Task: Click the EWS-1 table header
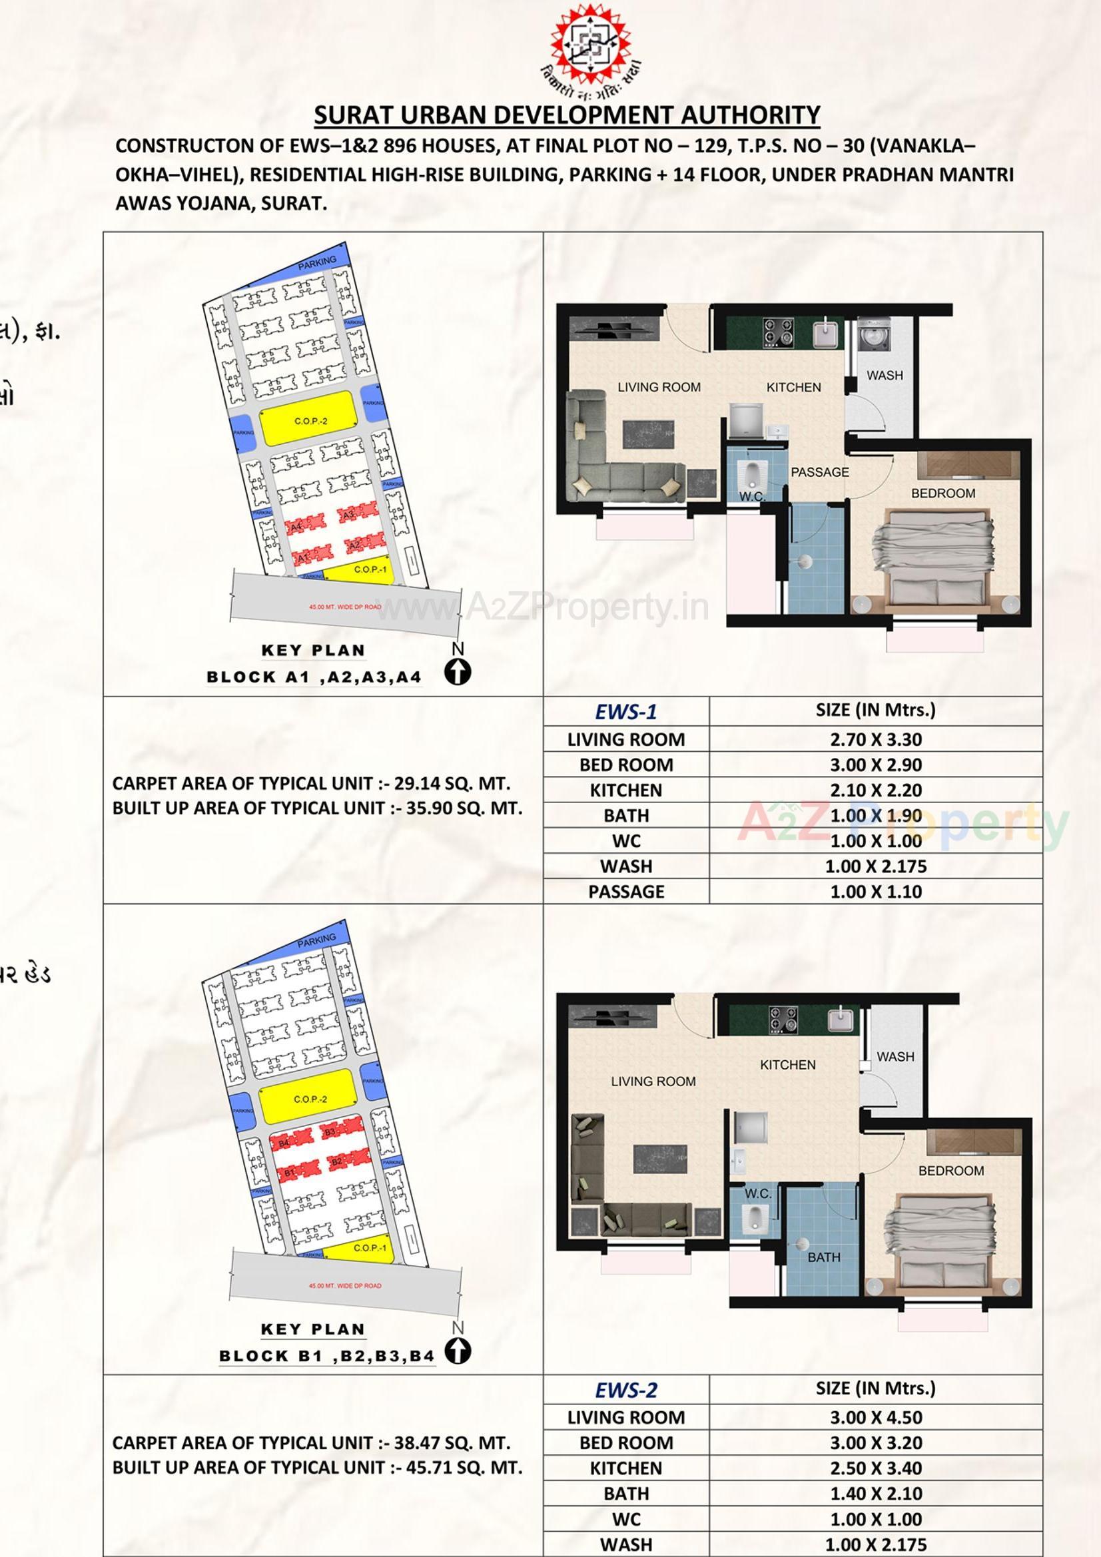625,711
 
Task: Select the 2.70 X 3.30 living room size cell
875,739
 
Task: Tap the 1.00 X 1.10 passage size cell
875,892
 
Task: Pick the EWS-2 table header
625,1391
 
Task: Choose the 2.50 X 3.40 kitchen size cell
875,1468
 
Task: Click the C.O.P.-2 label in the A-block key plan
310,421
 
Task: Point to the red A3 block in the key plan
350,515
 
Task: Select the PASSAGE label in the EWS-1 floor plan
819,472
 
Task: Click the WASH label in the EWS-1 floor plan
885,375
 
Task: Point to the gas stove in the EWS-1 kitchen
778,332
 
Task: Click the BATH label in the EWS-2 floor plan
823,1257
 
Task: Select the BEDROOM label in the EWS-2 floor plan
950,1171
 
